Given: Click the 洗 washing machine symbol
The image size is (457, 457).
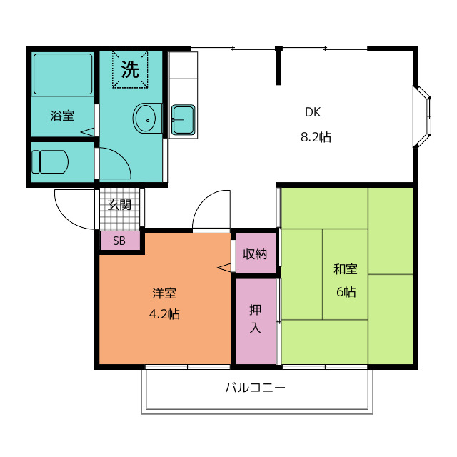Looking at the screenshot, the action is tap(130, 69).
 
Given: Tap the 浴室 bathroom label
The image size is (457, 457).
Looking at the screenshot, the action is tap(62, 116).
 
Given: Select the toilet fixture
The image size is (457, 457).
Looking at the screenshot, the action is tap(50, 162).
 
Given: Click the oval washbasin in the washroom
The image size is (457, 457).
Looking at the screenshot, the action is tap(144, 119).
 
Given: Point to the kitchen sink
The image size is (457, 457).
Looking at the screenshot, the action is tap(183, 120).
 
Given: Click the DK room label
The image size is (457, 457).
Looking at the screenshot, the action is tap(313, 112).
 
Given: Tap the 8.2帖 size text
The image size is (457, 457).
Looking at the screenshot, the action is tap(316, 136).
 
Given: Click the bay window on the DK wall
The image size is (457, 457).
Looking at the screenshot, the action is tap(422, 116).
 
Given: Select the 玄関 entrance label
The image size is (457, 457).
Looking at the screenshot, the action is tap(119, 205).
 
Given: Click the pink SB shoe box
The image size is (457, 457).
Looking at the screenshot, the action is tap(120, 241).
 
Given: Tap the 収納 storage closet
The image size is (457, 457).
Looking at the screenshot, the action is tap(256, 253).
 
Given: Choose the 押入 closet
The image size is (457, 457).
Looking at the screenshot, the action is tap(256, 321).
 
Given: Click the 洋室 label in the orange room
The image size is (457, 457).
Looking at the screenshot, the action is tap(164, 293).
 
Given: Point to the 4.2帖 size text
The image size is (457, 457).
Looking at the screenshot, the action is tap(164, 314).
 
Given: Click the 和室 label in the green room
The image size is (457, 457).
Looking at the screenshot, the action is tap(346, 268).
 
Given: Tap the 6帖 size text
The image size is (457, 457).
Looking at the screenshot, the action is tap(346, 291).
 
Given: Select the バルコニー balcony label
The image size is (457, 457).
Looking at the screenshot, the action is tap(256, 388).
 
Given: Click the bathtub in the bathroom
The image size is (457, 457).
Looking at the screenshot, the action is tap(63, 74).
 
